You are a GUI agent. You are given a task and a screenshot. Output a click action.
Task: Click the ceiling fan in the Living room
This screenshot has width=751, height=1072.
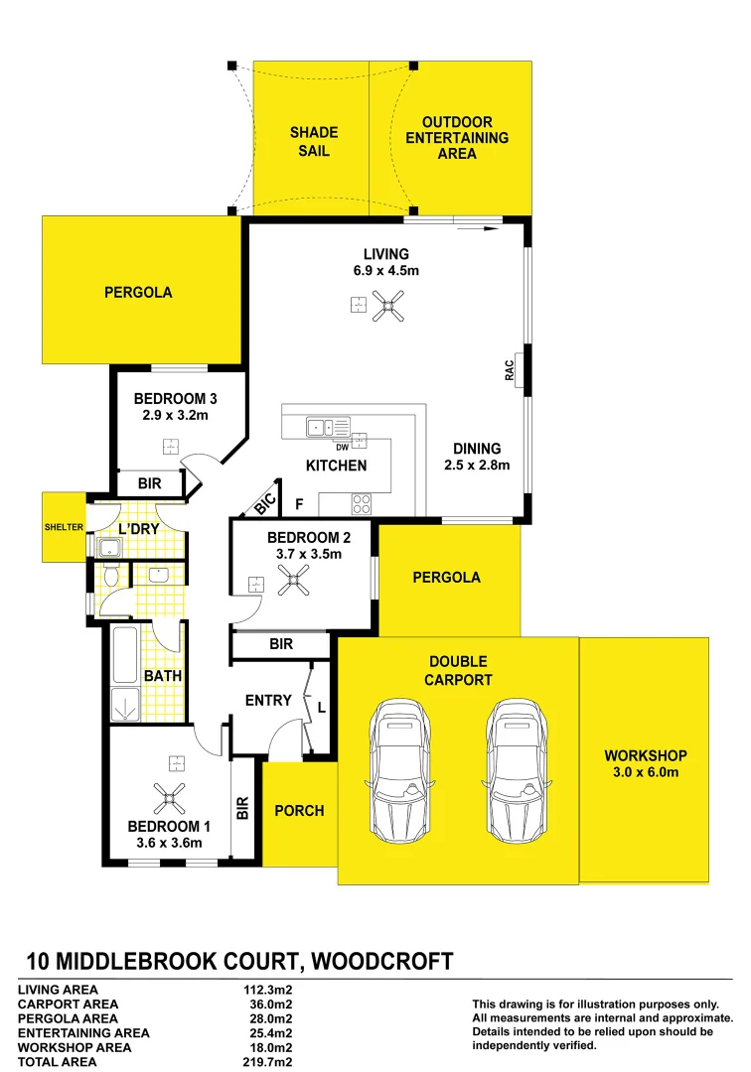(387, 306)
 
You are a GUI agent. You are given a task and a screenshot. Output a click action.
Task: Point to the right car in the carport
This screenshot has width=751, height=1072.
(518, 769)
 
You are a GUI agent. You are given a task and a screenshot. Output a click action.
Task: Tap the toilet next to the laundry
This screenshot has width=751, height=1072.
(110, 576)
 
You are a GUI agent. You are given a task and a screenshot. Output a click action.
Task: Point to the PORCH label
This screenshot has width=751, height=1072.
(299, 811)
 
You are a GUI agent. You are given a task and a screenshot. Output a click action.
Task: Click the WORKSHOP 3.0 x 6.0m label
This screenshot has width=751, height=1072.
(645, 763)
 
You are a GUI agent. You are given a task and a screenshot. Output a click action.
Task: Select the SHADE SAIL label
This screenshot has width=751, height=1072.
(314, 141)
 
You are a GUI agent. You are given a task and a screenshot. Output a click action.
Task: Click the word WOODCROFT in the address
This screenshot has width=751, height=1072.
(381, 961)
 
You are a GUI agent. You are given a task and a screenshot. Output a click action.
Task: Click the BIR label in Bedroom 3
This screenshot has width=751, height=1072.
(151, 483)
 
